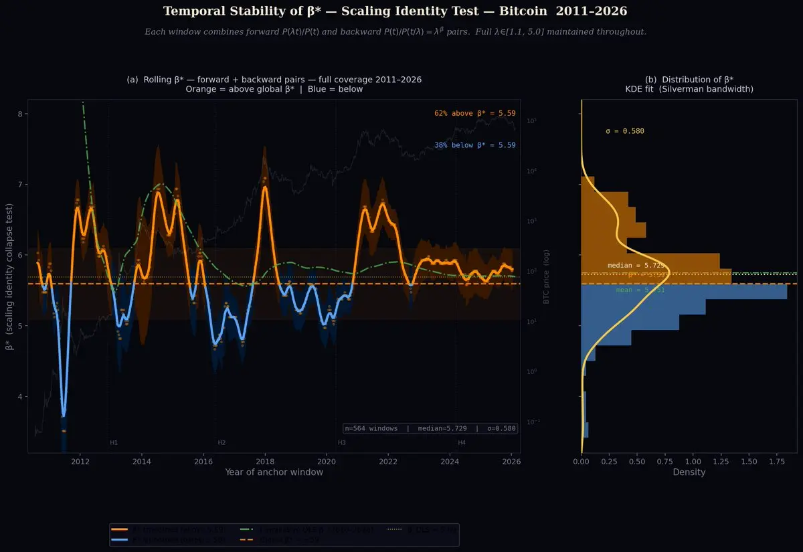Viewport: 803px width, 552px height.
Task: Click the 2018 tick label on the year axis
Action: pos(265,461)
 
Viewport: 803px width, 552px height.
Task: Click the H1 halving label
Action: pos(114,443)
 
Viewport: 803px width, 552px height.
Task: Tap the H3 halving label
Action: pos(341,443)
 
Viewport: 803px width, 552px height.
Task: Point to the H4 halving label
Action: pos(462,443)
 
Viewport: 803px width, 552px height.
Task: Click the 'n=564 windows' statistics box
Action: pos(430,428)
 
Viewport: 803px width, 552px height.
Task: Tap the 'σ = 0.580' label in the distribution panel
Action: pos(625,131)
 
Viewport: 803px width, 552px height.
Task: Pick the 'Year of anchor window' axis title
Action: pos(274,472)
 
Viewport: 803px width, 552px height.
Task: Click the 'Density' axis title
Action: pos(689,472)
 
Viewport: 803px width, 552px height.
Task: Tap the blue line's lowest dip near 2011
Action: pos(64,414)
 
